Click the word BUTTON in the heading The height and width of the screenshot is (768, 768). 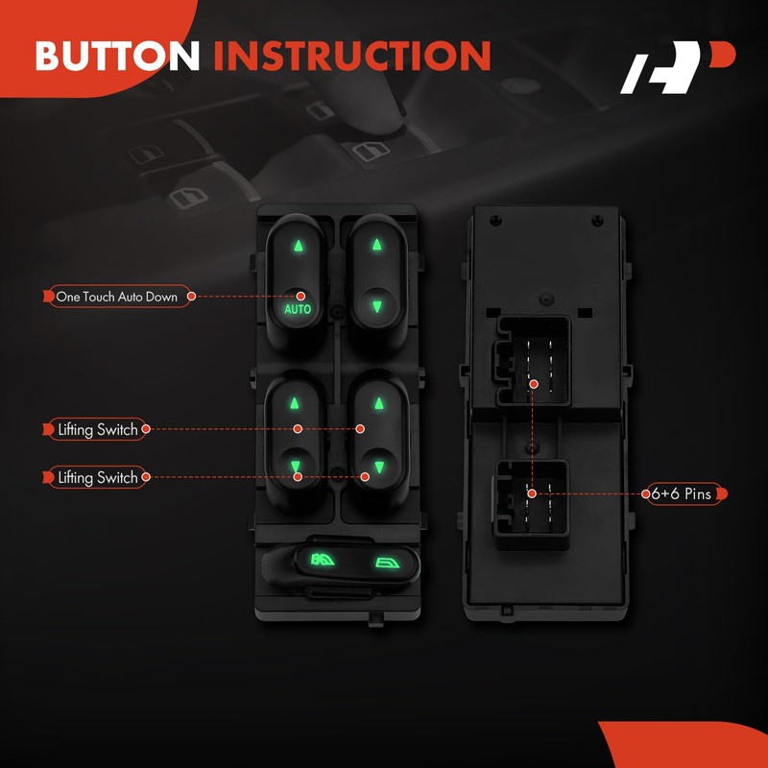click(x=117, y=56)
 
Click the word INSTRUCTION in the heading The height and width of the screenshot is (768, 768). click(x=352, y=56)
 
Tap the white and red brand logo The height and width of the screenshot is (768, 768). click(x=678, y=67)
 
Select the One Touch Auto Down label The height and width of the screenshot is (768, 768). click(x=116, y=297)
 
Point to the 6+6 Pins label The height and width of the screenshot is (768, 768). click(x=684, y=493)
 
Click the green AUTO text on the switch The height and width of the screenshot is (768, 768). click(x=298, y=309)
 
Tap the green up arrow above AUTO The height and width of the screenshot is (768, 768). click(x=298, y=245)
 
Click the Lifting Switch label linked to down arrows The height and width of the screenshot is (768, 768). click(x=97, y=477)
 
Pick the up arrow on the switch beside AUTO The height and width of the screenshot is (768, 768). click(x=376, y=245)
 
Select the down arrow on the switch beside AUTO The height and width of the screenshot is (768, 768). click(x=376, y=306)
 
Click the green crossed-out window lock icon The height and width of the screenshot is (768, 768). click(x=323, y=560)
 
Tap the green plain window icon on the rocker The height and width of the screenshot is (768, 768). click(x=387, y=564)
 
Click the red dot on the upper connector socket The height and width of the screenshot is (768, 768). click(x=534, y=385)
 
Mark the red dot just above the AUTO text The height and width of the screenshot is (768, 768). click(x=300, y=296)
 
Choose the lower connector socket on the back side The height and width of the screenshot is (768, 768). click(x=532, y=504)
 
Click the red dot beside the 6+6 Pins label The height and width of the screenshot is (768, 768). click(x=645, y=493)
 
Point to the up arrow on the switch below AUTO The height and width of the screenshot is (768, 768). click(x=294, y=403)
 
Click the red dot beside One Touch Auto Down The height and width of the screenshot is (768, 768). click(x=191, y=297)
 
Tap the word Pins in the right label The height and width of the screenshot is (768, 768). click(x=698, y=493)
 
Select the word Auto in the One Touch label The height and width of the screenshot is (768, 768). click(x=130, y=297)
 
